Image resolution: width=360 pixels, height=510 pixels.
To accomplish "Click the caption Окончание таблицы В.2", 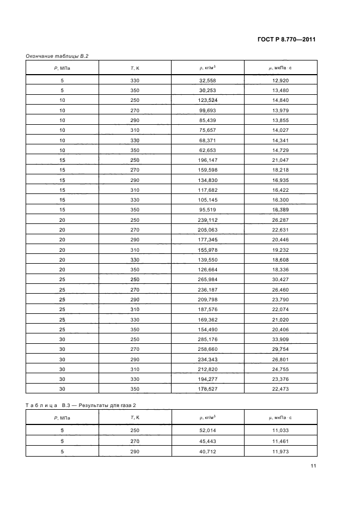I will [57, 56].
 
